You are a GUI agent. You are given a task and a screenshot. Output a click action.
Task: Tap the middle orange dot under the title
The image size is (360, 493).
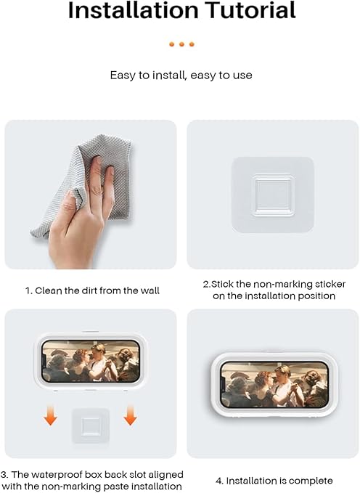[181, 44]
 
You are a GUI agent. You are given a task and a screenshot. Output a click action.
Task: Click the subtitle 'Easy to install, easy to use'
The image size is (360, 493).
[181, 76]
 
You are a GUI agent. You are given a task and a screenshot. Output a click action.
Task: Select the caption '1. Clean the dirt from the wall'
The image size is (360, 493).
[92, 290]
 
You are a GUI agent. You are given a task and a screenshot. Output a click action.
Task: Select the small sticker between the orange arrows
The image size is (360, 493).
[91, 425]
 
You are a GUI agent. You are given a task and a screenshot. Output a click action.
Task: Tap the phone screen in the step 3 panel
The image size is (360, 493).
[91, 362]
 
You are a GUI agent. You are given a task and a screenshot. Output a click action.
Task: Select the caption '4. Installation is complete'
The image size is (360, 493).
[274, 481]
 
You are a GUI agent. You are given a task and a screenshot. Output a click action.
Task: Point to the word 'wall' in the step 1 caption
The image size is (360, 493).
[148, 290]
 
